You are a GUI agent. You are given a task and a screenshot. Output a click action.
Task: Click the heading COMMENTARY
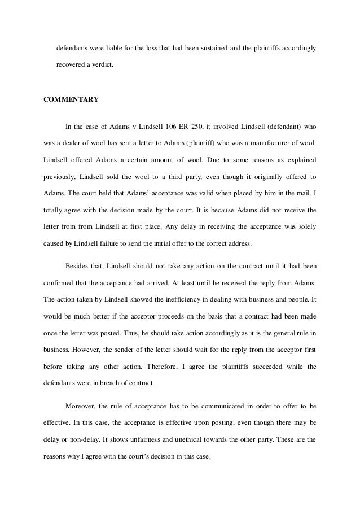[x=71, y=99]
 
